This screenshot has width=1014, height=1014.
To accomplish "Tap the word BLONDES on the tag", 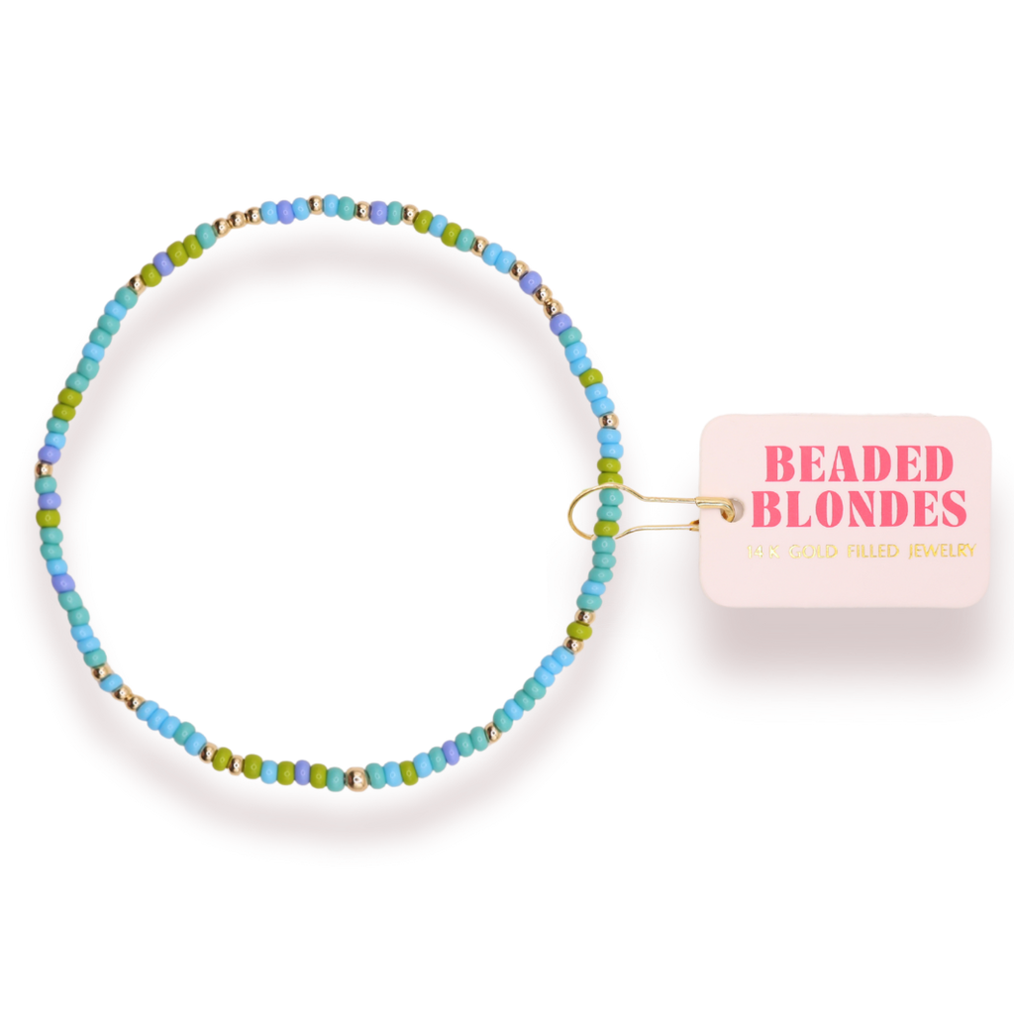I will [x=859, y=508].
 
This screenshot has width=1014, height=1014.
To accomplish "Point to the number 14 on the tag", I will [x=757, y=552].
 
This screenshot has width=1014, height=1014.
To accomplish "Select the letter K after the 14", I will [x=774, y=552].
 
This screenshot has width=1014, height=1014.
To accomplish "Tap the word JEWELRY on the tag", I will [x=938, y=551].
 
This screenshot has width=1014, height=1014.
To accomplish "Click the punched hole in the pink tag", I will [x=731, y=510].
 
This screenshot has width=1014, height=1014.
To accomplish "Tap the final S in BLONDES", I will [x=953, y=508].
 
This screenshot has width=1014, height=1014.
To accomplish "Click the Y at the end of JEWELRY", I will [x=970, y=551].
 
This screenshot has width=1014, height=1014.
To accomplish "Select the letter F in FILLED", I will [x=842, y=551].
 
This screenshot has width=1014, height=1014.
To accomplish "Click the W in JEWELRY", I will [x=932, y=551].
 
